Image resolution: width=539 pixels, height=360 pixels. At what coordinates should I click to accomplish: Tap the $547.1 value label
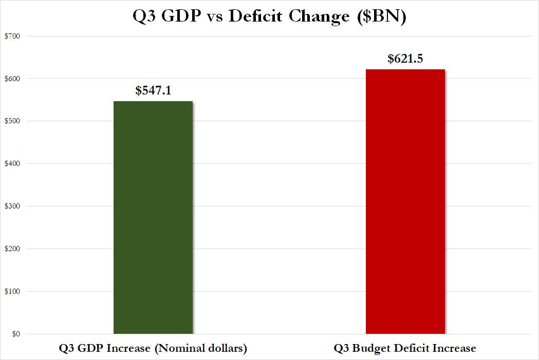pos(153,91)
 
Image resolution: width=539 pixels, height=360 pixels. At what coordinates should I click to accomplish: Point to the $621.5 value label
pos(405,59)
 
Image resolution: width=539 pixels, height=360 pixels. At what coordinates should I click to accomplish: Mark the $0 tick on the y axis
pos(15,334)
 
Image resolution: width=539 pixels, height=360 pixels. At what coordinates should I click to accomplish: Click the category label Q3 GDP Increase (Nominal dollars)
pos(153,348)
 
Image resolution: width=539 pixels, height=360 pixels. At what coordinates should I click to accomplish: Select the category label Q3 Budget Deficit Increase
pos(405,348)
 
